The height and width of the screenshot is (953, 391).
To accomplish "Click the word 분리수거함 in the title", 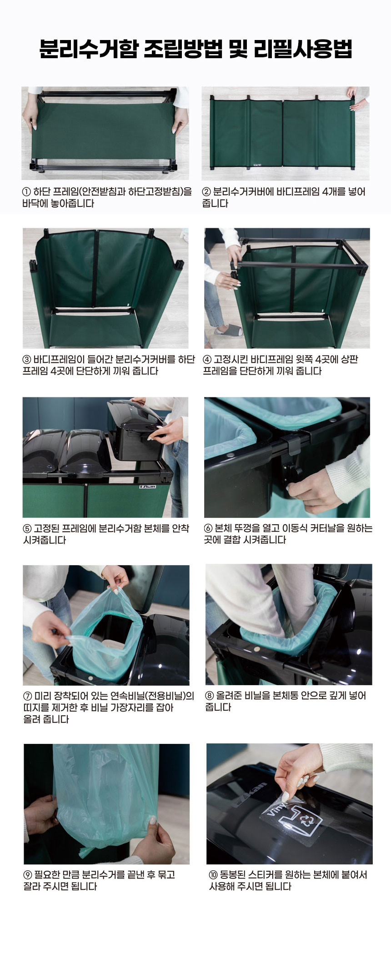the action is click(88, 49).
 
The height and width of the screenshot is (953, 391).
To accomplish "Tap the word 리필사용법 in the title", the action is click(303, 49).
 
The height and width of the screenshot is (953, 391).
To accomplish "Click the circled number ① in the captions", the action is click(26, 192).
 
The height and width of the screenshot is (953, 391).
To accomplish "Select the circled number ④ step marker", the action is click(207, 360).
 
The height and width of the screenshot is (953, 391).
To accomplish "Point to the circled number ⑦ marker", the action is click(27, 696).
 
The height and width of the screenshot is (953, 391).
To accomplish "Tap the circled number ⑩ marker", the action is click(213, 874).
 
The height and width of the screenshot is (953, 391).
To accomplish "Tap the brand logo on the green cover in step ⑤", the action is click(147, 487).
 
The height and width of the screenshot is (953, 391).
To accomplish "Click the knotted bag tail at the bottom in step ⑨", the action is click(89, 851).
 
